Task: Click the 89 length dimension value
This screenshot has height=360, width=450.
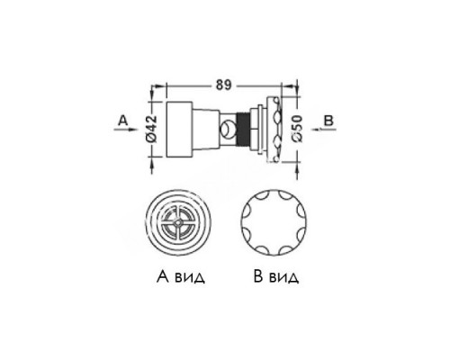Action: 224,85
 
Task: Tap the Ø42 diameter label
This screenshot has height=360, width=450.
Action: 153,128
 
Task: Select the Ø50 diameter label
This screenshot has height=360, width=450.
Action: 297,129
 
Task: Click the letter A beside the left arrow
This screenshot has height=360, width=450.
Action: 123,121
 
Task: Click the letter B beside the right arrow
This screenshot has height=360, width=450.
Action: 328,121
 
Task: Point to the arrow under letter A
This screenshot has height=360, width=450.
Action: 125,130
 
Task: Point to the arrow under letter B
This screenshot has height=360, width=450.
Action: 323,130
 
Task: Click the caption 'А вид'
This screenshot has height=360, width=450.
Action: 181,276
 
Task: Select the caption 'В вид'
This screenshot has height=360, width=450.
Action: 276,276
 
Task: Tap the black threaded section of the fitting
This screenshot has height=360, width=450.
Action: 243,130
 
